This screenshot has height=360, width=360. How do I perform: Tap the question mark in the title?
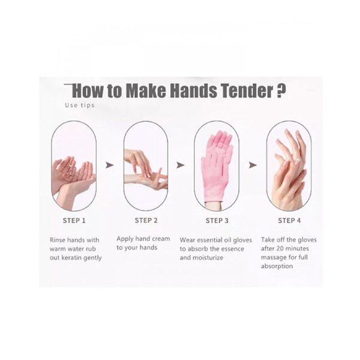[280, 91]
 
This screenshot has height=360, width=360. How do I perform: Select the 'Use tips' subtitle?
[80, 106]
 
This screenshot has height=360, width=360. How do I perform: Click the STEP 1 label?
[74, 221]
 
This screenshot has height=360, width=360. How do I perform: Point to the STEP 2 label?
[146, 220]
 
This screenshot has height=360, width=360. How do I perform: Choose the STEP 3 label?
[217, 221]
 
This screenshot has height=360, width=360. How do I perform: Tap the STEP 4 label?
[289, 221]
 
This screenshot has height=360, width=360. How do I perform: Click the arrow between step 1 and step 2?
[110, 165]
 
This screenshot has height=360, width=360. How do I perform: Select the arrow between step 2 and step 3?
[181, 165]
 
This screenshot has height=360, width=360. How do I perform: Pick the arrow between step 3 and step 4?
[253, 165]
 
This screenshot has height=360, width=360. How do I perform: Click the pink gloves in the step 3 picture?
[217, 166]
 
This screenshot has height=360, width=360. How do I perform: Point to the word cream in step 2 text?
[161, 239]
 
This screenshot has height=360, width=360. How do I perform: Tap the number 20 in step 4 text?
[280, 248]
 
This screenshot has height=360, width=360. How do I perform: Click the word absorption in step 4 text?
[277, 266]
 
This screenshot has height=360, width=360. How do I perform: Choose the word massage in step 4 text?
[272, 258]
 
